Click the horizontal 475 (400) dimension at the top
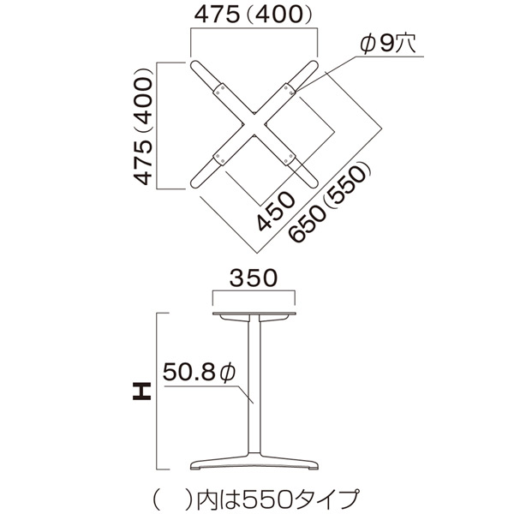pyautogui.click(x=253, y=15)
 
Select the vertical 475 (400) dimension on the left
pyautogui.click(x=144, y=127)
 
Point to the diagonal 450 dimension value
pyautogui.click(x=276, y=211)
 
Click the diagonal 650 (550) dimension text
pyautogui.click(x=329, y=203)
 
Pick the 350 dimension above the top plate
pyautogui.click(x=254, y=278)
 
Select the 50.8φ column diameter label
pyautogui.click(x=199, y=372)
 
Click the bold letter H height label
pyautogui.click(x=142, y=391)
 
